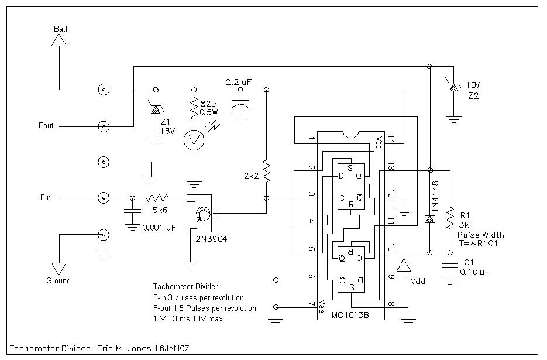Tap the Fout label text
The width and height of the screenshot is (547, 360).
(x=46, y=125)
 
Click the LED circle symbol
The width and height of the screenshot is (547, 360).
(x=192, y=139)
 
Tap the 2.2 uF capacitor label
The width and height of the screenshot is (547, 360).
(x=239, y=82)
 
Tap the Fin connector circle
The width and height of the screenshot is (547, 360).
(x=104, y=198)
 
